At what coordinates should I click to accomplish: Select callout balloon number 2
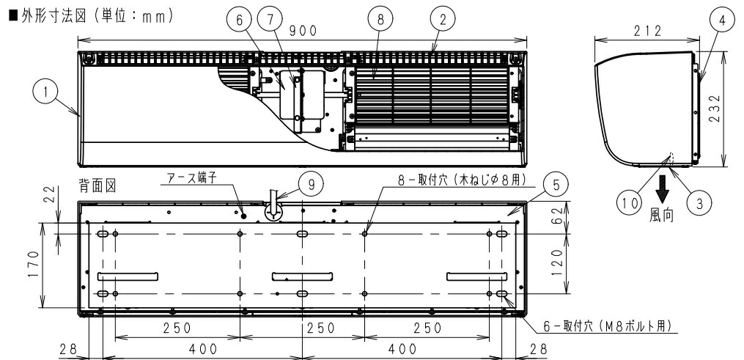[441, 21]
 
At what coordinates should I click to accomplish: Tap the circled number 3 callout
[702, 205]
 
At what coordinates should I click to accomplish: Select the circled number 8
[380, 21]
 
